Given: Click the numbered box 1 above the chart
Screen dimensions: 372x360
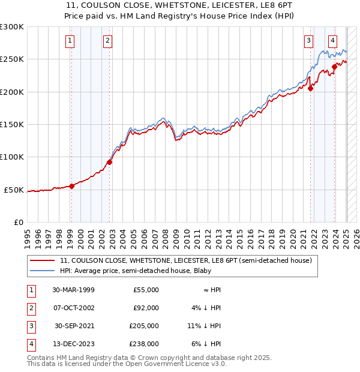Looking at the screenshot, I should coord(70,41).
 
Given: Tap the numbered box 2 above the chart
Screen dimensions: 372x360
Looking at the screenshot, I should coord(107,41).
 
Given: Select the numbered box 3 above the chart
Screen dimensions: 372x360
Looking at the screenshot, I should coord(308,41).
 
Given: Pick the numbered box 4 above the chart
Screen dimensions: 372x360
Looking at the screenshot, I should coord(332,41).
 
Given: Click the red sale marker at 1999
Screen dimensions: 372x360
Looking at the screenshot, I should coord(72,186).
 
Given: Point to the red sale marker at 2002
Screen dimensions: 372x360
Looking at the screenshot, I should coord(110,161).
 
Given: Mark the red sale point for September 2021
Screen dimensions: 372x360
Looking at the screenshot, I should coord(311,88).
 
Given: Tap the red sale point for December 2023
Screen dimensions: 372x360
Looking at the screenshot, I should coord(334,67).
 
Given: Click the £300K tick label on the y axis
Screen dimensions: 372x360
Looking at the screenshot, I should coord(12,27).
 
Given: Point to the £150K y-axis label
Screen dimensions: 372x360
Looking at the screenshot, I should coord(12,124).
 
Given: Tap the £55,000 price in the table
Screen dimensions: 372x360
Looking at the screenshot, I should coord(146,290).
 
